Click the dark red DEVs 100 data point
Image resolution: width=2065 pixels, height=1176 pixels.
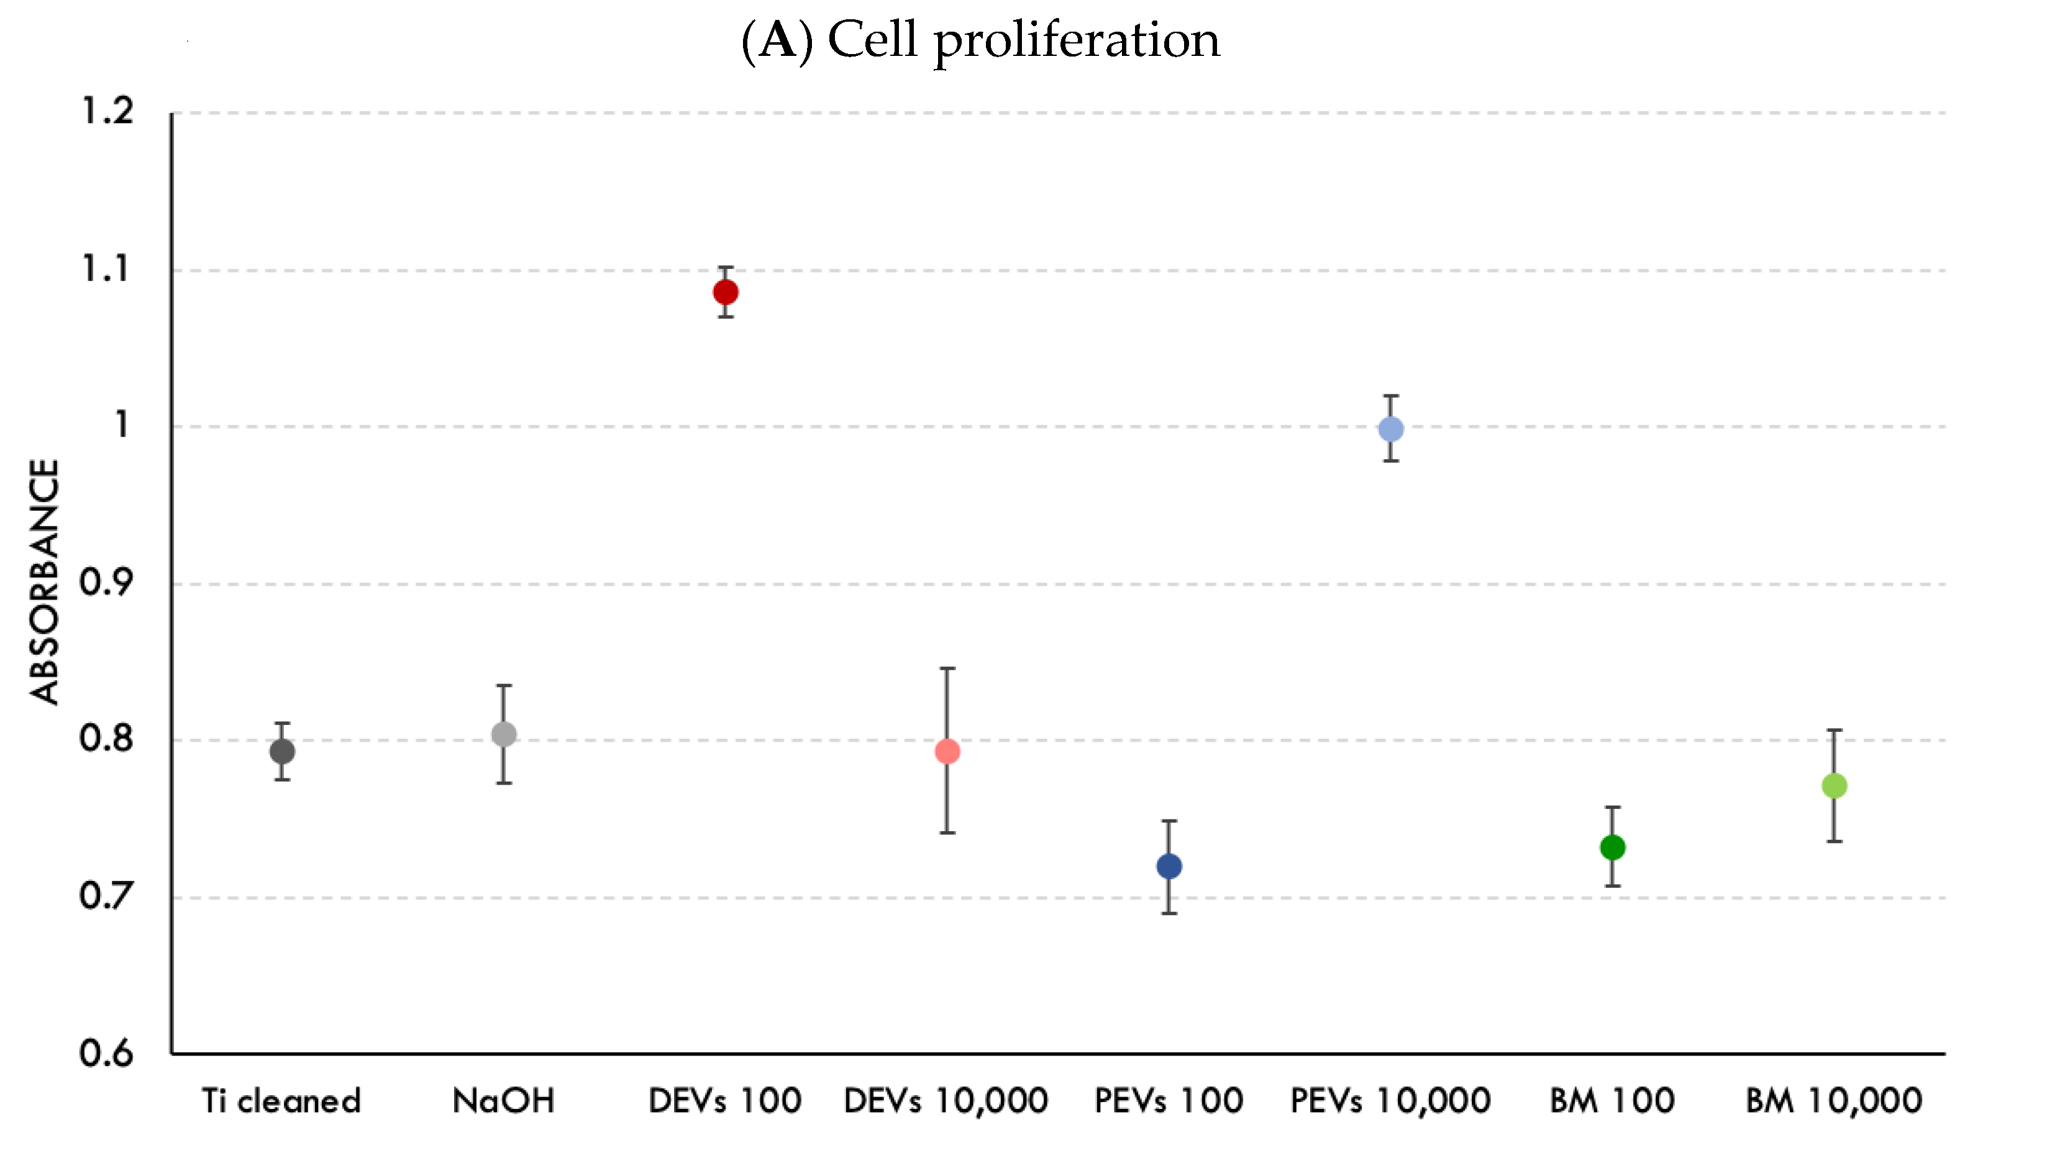(x=725, y=291)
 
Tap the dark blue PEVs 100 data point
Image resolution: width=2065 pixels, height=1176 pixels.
(x=1169, y=867)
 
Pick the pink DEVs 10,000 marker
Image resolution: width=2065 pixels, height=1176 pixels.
(x=947, y=752)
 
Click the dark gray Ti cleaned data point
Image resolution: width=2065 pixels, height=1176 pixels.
(x=282, y=751)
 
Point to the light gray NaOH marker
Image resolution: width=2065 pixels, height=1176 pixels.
(x=504, y=734)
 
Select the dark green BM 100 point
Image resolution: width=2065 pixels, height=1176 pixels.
(x=1613, y=847)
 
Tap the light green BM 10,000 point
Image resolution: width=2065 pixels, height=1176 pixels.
(x=1834, y=785)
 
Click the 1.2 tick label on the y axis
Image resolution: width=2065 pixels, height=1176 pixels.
(x=107, y=111)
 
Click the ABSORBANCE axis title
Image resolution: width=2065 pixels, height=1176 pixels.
(x=44, y=581)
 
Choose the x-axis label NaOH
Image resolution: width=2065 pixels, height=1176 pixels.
(x=503, y=1101)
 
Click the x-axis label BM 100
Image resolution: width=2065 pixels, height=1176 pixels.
(x=1612, y=1101)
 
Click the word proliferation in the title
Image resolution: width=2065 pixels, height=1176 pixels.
(x=1077, y=40)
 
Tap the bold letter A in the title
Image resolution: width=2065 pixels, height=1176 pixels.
(x=778, y=40)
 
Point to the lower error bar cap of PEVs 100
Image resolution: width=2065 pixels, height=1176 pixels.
(x=1169, y=913)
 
